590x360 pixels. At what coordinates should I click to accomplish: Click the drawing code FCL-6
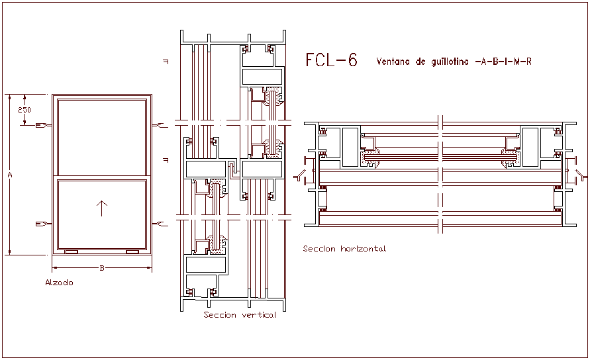click(x=331, y=61)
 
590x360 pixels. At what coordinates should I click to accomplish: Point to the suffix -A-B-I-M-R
click(x=503, y=62)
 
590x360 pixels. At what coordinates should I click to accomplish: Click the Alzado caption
click(x=59, y=283)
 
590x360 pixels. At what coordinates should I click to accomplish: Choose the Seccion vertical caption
click(x=240, y=316)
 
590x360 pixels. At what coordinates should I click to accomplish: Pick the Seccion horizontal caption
click(x=344, y=249)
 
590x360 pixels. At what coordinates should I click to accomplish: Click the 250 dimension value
click(x=25, y=110)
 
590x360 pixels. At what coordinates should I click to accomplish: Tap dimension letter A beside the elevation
click(x=10, y=175)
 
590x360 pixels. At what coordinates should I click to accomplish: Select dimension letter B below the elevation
click(x=101, y=269)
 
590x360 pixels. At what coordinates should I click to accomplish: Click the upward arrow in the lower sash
click(x=101, y=209)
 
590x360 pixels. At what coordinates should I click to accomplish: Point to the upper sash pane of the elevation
click(x=101, y=138)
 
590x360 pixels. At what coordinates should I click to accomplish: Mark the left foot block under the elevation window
click(x=71, y=252)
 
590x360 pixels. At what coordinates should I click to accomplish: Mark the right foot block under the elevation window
click(x=132, y=252)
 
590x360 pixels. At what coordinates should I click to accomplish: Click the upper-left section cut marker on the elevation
click(x=43, y=125)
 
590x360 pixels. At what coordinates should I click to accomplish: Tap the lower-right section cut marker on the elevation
click(x=160, y=224)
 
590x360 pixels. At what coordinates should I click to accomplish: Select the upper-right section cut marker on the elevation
click(x=160, y=125)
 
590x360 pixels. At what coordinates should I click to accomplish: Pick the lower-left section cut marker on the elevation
click(x=43, y=224)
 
